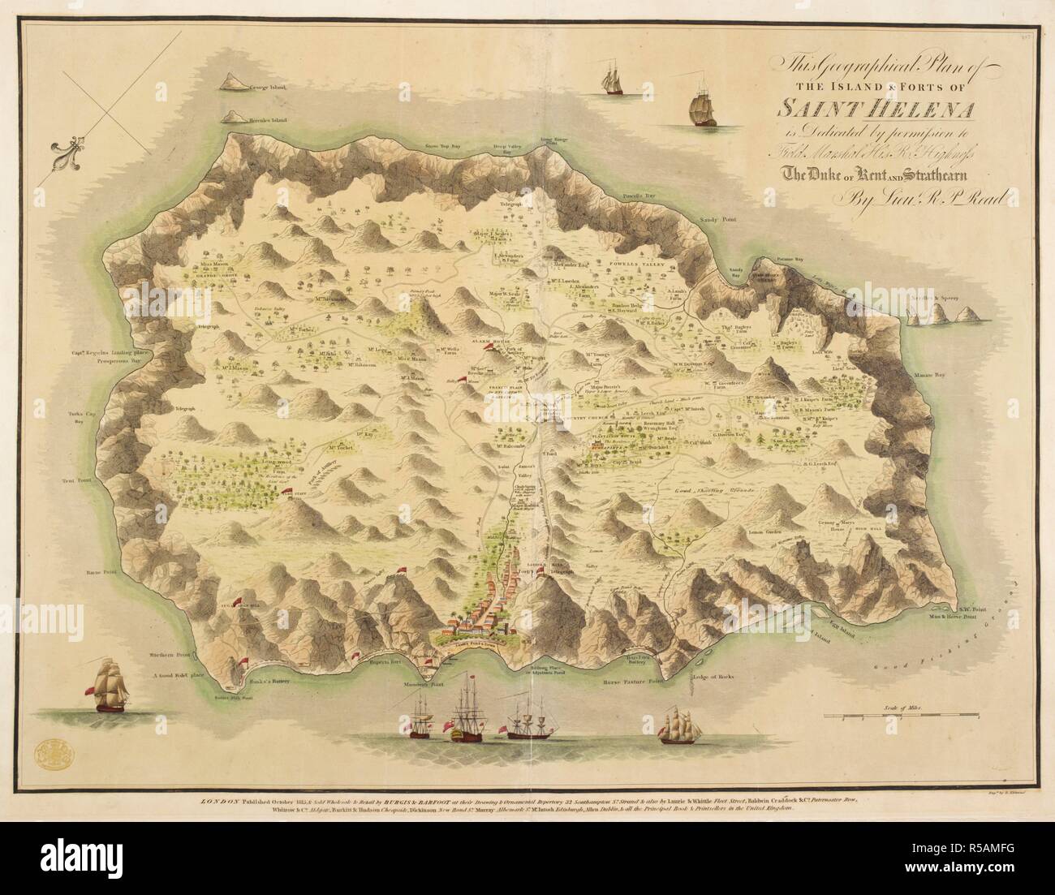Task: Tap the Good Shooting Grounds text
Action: click(716, 492)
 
